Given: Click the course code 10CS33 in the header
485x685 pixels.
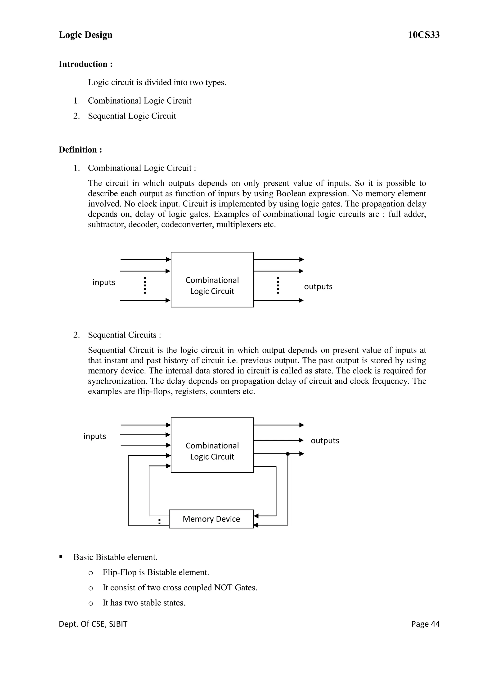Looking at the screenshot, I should (423, 35).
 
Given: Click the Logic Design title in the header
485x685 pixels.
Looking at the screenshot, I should (85, 35).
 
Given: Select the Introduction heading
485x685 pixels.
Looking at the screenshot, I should (85, 64).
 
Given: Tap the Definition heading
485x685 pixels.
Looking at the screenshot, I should (80, 150).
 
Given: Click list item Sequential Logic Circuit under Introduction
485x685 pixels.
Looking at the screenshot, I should (132, 116).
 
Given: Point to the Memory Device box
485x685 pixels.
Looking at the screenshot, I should (211, 519).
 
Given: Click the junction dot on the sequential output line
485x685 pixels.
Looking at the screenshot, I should (287, 454).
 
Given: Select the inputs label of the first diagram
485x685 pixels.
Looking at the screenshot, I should (104, 282).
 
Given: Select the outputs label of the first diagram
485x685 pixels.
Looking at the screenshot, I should (318, 286).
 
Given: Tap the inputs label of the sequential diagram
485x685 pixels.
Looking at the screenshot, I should (95, 436).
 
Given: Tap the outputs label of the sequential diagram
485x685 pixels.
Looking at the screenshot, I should (325, 441).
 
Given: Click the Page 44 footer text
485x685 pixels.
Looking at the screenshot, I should (425, 624).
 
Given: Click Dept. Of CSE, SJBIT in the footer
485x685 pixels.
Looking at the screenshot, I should (93, 624).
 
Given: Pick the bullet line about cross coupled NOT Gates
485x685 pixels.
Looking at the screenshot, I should (180, 588).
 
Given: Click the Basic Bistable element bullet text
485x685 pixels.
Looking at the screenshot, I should (115, 557).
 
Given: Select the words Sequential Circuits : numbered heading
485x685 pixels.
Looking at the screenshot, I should (124, 335).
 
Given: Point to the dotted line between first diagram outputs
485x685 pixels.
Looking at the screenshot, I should (278, 285).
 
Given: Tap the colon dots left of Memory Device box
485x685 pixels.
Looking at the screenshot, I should (159, 521).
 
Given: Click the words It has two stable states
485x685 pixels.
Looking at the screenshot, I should (144, 603).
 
